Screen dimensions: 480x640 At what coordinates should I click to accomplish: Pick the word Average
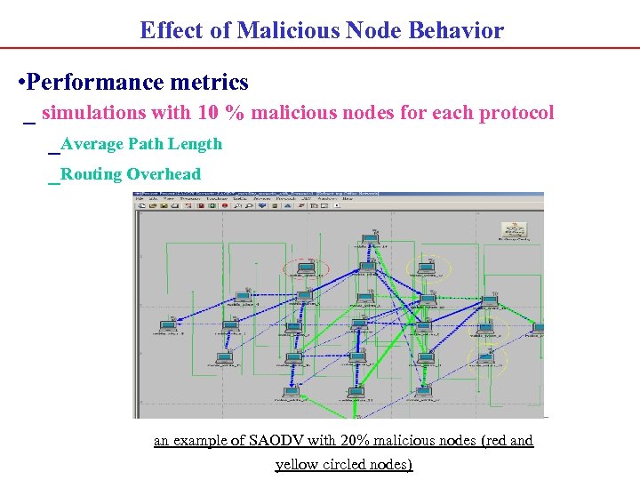click(x=93, y=144)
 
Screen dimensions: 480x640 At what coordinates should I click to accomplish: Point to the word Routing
click(x=92, y=174)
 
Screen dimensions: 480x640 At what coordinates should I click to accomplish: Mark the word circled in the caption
click(x=356, y=464)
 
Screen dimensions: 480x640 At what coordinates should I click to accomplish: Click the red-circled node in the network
click(x=306, y=268)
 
